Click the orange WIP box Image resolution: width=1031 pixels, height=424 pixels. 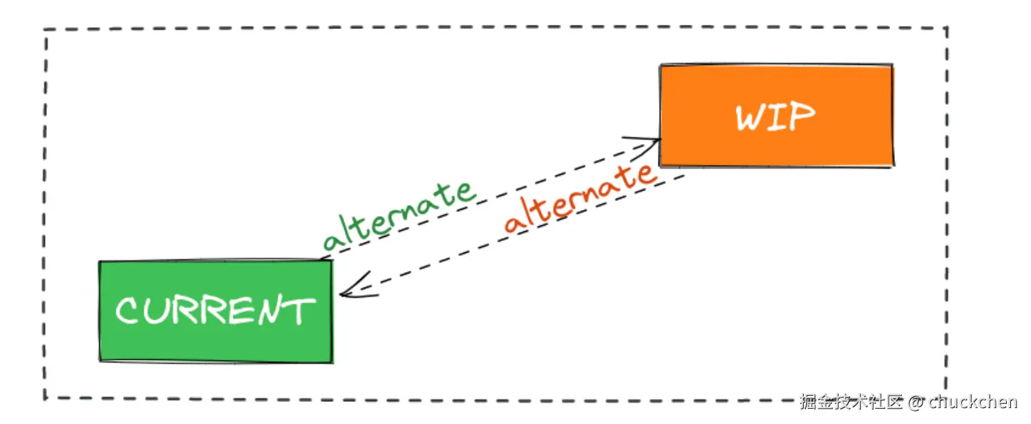776,115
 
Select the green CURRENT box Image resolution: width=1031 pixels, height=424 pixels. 216,311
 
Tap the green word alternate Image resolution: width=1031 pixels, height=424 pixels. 399,216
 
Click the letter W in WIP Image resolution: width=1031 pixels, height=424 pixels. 751,118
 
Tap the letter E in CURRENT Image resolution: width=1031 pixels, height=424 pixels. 238,311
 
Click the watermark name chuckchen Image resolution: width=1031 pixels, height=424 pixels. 973,402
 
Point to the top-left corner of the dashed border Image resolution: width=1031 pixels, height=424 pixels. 46,30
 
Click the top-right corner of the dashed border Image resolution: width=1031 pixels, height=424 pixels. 946,28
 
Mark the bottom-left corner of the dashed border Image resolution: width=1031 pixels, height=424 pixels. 45,398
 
